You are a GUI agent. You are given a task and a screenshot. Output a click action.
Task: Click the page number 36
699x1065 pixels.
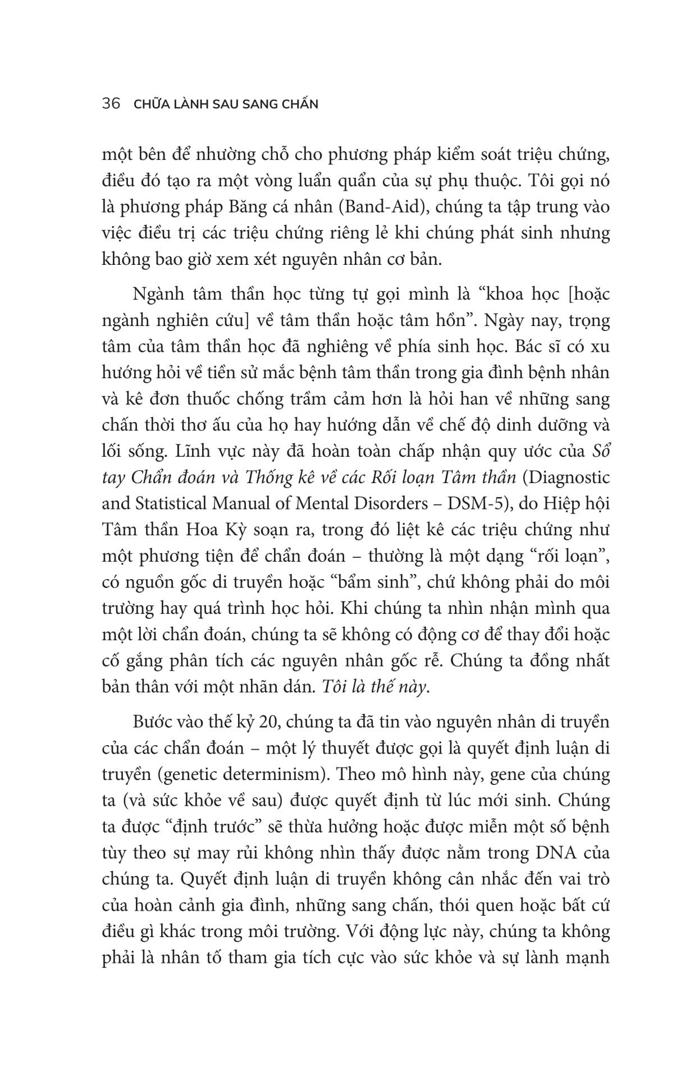click(111, 104)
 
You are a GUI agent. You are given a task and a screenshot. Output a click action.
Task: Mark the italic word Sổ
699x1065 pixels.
click(600, 451)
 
